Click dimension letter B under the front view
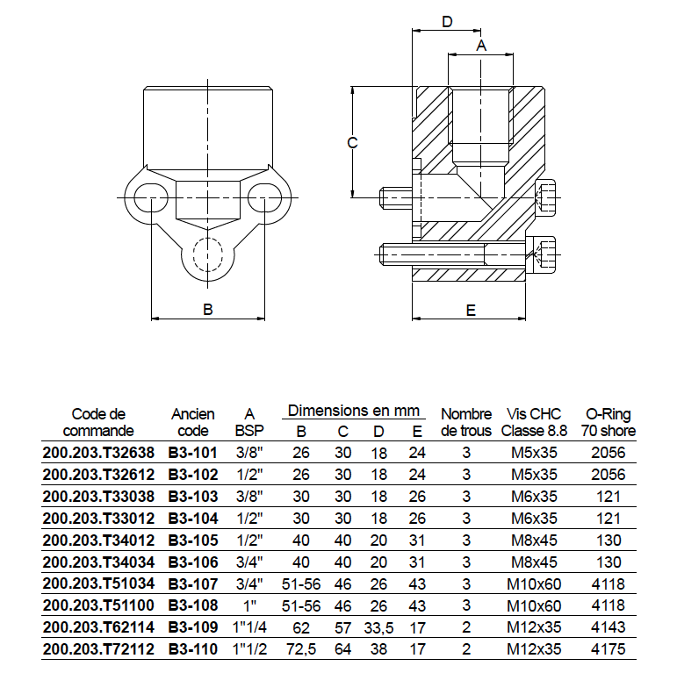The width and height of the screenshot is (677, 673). click(x=208, y=309)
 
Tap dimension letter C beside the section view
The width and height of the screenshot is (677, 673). click(x=351, y=142)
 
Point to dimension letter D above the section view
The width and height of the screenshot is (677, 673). click(x=446, y=22)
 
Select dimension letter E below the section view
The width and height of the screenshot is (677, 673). click(x=470, y=310)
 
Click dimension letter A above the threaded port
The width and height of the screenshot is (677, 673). click(x=480, y=46)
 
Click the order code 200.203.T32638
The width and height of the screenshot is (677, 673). click(x=97, y=453)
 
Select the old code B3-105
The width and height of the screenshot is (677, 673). click(x=191, y=540)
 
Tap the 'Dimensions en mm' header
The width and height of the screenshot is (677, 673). click(x=355, y=410)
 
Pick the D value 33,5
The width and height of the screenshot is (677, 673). click(x=378, y=626)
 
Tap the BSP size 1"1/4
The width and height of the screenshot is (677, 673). click(x=249, y=626)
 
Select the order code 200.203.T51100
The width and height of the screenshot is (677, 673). click(x=97, y=605)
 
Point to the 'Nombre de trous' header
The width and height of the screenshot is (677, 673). click(x=466, y=421)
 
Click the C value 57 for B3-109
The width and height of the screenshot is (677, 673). click(x=343, y=626)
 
